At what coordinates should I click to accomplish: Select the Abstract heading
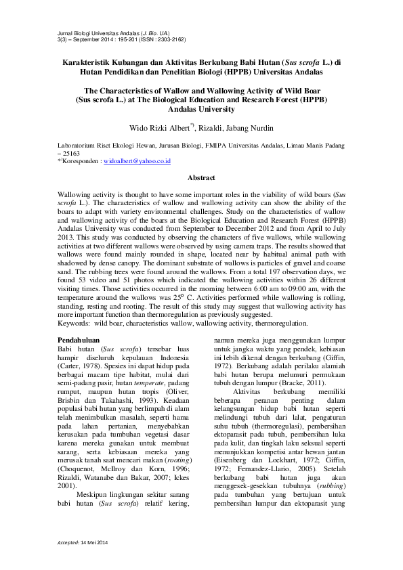201,178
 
